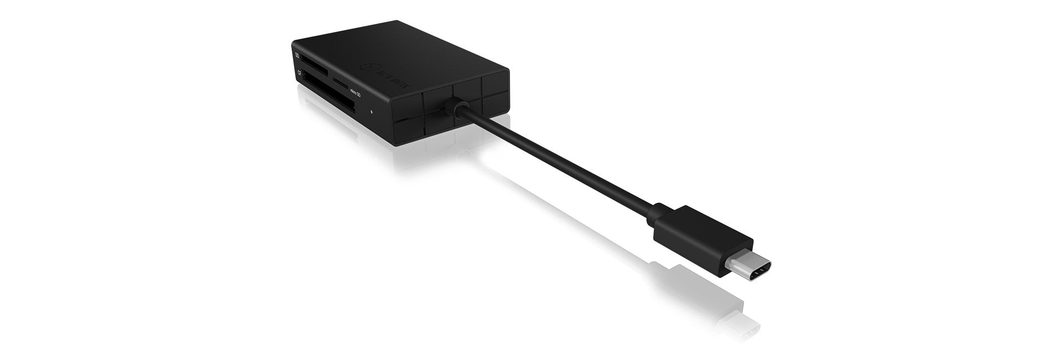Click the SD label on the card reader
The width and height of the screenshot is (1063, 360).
[298, 56]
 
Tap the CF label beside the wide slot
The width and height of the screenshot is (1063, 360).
[299, 73]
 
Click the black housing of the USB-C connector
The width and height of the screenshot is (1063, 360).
[702, 228]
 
